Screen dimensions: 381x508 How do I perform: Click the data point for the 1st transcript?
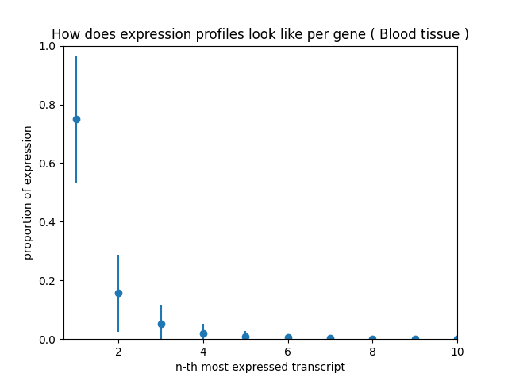pyautogui.click(x=76, y=119)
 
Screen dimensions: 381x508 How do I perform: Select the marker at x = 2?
pyautogui.click(x=118, y=293)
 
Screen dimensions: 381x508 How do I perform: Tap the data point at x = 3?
pyautogui.click(x=161, y=324)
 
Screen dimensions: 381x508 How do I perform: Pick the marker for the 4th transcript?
pyautogui.click(x=203, y=333)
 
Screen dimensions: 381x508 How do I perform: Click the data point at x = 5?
pyautogui.click(x=245, y=337)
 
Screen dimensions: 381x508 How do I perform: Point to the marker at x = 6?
pyautogui.click(x=288, y=337)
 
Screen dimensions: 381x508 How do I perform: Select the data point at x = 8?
pyautogui.click(x=372, y=339)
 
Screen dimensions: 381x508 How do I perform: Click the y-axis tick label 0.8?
pyautogui.click(x=48, y=105)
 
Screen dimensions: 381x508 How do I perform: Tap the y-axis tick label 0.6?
pyautogui.click(x=48, y=164)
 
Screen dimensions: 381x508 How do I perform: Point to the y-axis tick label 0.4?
pyautogui.click(x=48, y=222)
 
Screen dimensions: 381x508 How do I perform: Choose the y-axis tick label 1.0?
pyautogui.click(x=48, y=46)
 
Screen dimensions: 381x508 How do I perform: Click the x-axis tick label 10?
pyautogui.click(x=457, y=351)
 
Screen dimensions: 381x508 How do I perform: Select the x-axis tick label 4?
pyautogui.click(x=203, y=351)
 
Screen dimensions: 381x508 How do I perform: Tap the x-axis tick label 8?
pyautogui.click(x=372, y=351)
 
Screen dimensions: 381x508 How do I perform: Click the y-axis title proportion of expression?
pyautogui.click(x=28, y=193)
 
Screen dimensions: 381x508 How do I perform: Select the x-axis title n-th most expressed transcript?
pyautogui.click(x=260, y=367)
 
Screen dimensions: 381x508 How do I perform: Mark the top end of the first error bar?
pyautogui.click(x=76, y=56)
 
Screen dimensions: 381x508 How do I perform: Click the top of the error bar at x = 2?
pyautogui.click(x=118, y=255)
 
